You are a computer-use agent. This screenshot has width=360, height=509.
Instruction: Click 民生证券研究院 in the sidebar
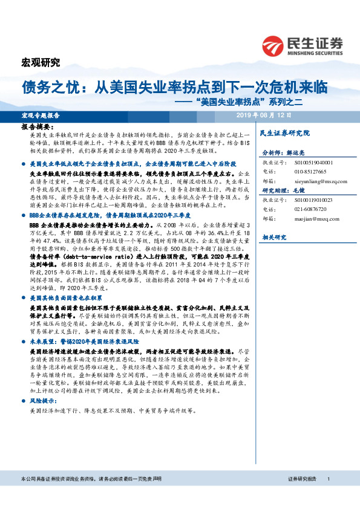pos(284,132)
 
